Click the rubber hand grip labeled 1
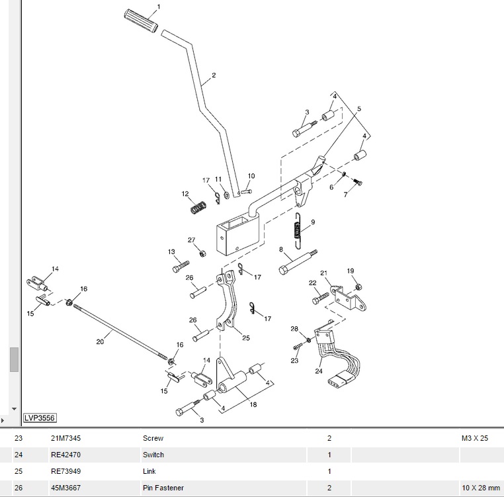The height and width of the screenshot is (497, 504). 141,19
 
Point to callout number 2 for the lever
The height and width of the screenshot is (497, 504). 214,75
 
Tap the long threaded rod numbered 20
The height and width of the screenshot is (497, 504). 119,332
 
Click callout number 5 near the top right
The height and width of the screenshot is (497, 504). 359,109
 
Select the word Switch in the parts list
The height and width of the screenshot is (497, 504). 153,455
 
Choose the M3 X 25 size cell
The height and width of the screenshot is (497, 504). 474,438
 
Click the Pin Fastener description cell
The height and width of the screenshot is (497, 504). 163,488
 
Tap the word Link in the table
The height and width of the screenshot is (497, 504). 149,471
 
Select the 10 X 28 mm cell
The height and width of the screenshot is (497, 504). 481,488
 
